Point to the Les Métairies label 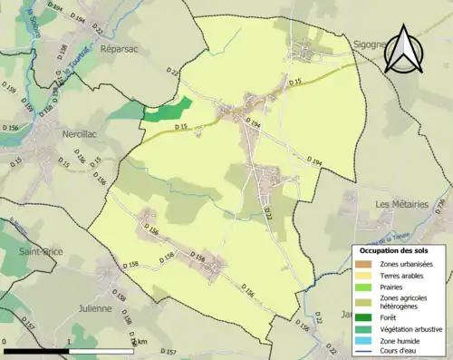401,204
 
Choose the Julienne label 95,307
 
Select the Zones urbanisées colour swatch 366,264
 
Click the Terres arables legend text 405,275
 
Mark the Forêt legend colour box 366,316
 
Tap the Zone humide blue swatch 366,339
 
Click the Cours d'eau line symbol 366,350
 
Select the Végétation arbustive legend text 411,328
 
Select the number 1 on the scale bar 70,343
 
